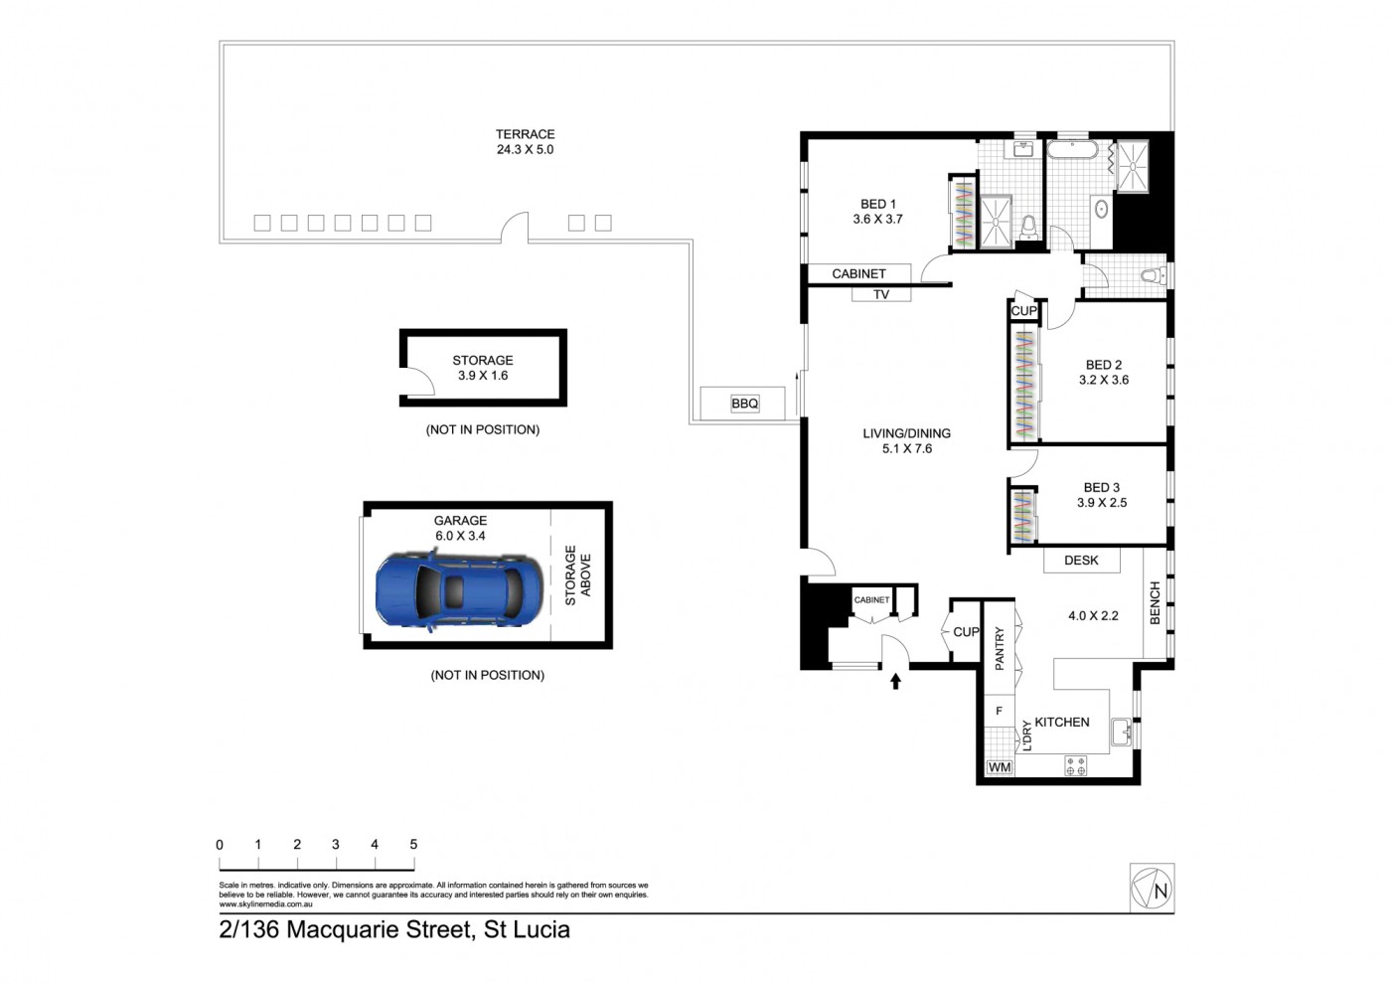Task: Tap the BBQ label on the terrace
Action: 744,404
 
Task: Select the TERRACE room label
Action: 525,134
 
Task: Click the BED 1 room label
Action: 878,204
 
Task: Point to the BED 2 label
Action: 1104,365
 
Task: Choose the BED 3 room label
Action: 1102,488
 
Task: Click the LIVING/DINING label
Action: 906,433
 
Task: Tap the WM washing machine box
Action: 1000,767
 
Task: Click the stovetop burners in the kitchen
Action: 1075,765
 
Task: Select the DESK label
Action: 1081,561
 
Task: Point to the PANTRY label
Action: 1000,649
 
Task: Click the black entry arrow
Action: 895,682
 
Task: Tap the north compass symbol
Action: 1152,888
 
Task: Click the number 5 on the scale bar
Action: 413,844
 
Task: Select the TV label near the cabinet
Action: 881,294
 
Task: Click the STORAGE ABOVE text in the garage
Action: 577,575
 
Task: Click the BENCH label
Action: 1155,602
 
